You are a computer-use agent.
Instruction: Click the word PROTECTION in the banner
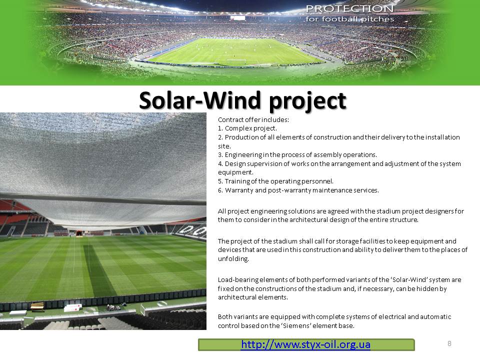(x=349, y=8)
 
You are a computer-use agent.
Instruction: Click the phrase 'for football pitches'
(x=349, y=19)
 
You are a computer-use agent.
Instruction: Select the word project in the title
(x=307, y=101)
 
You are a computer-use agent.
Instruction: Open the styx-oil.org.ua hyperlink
(x=305, y=344)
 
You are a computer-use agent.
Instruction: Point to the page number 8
(x=449, y=343)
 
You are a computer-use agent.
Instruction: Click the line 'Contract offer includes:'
(x=253, y=119)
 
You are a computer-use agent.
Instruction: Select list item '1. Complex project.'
(x=247, y=128)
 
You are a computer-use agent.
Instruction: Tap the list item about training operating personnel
(x=275, y=181)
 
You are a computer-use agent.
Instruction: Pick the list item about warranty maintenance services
(x=298, y=190)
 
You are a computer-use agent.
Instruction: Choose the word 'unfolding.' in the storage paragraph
(x=233, y=258)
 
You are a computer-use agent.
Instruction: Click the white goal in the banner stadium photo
(x=236, y=61)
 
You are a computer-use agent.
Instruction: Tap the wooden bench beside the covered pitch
(x=37, y=306)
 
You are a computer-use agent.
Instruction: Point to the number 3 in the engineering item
(x=220, y=155)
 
